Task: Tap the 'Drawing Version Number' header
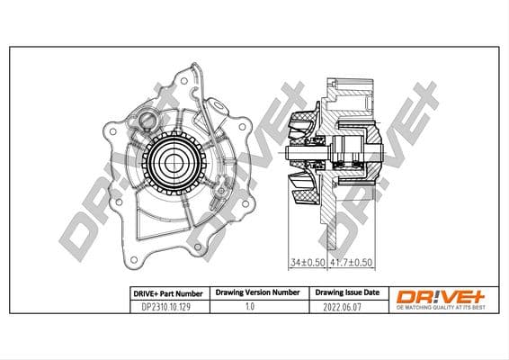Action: [256, 293]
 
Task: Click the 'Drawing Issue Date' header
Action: [346, 293]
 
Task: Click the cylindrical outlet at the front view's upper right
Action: [215, 112]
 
